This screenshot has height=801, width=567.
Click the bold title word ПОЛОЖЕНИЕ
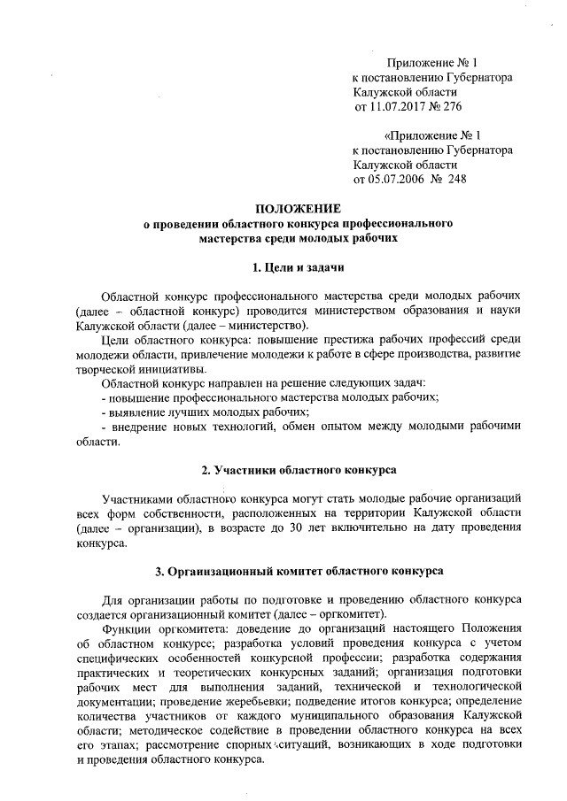pos(298,209)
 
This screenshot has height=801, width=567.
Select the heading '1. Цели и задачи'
pos(298,267)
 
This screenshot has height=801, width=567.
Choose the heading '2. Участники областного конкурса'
pos(298,468)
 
